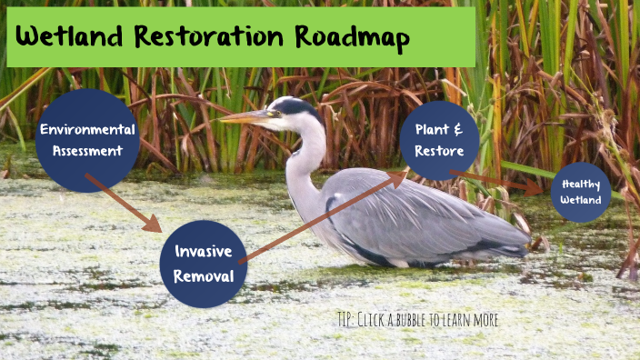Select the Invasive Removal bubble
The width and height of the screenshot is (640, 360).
point(203,263)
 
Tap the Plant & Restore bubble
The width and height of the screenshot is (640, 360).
point(439,140)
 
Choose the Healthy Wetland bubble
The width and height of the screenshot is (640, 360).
point(581,192)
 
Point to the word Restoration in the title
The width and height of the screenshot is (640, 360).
point(206,37)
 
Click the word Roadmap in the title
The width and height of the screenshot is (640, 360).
point(352,37)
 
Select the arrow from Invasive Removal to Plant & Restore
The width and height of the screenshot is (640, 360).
point(323,215)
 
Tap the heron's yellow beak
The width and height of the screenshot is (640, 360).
point(244,116)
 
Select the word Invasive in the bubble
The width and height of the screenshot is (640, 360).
point(204,252)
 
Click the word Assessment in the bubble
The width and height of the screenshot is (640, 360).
point(87,150)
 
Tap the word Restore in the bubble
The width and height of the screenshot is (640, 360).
point(440,151)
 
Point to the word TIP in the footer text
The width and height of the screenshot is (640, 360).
point(345,320)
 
